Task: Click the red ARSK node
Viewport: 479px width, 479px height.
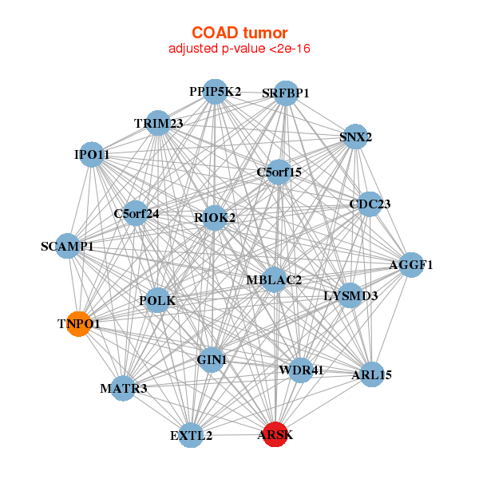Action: [x=275, y=434]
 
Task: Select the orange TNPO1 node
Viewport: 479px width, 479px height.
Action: [x=78, y=324]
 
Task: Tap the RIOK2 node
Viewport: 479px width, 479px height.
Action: [x=215, y=217]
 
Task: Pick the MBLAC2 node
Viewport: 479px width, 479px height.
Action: [x=274, y=279]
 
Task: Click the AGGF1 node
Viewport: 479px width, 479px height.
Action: [x=410, y=265]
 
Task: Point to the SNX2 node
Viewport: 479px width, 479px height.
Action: [x=355, y=137]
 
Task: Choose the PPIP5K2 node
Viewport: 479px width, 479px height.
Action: [x=215, y=92]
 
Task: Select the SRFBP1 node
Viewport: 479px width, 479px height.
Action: [x=285, y=93]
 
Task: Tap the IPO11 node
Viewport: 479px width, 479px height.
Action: [x=92, y=154]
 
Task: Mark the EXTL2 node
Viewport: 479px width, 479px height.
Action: [x=192, y=435]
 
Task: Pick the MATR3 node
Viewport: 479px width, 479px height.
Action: [x=123, y=389]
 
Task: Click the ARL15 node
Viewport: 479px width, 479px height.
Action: [x=371, y=374]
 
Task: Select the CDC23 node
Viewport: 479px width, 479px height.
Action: [x=370, y=204]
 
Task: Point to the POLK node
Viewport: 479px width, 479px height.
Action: [x=157, y=301]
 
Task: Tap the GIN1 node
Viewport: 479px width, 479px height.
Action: [x=212, y=360]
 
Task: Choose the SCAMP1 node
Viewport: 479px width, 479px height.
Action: [x=67, y=246]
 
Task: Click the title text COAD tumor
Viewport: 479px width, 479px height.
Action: [x=239, y=33]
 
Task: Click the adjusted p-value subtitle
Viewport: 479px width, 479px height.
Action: [x=239, y=49]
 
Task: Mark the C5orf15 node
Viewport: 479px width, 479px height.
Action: [x=279, y=172]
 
